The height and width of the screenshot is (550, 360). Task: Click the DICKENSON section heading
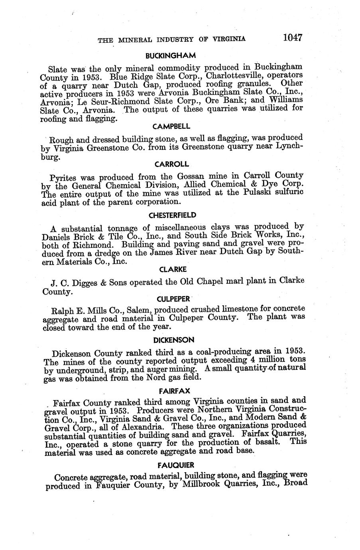tap(174, 340)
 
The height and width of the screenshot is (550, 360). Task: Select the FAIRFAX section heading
tap(174, 390)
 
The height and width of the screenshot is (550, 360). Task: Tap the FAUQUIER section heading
tap(175, 465)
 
